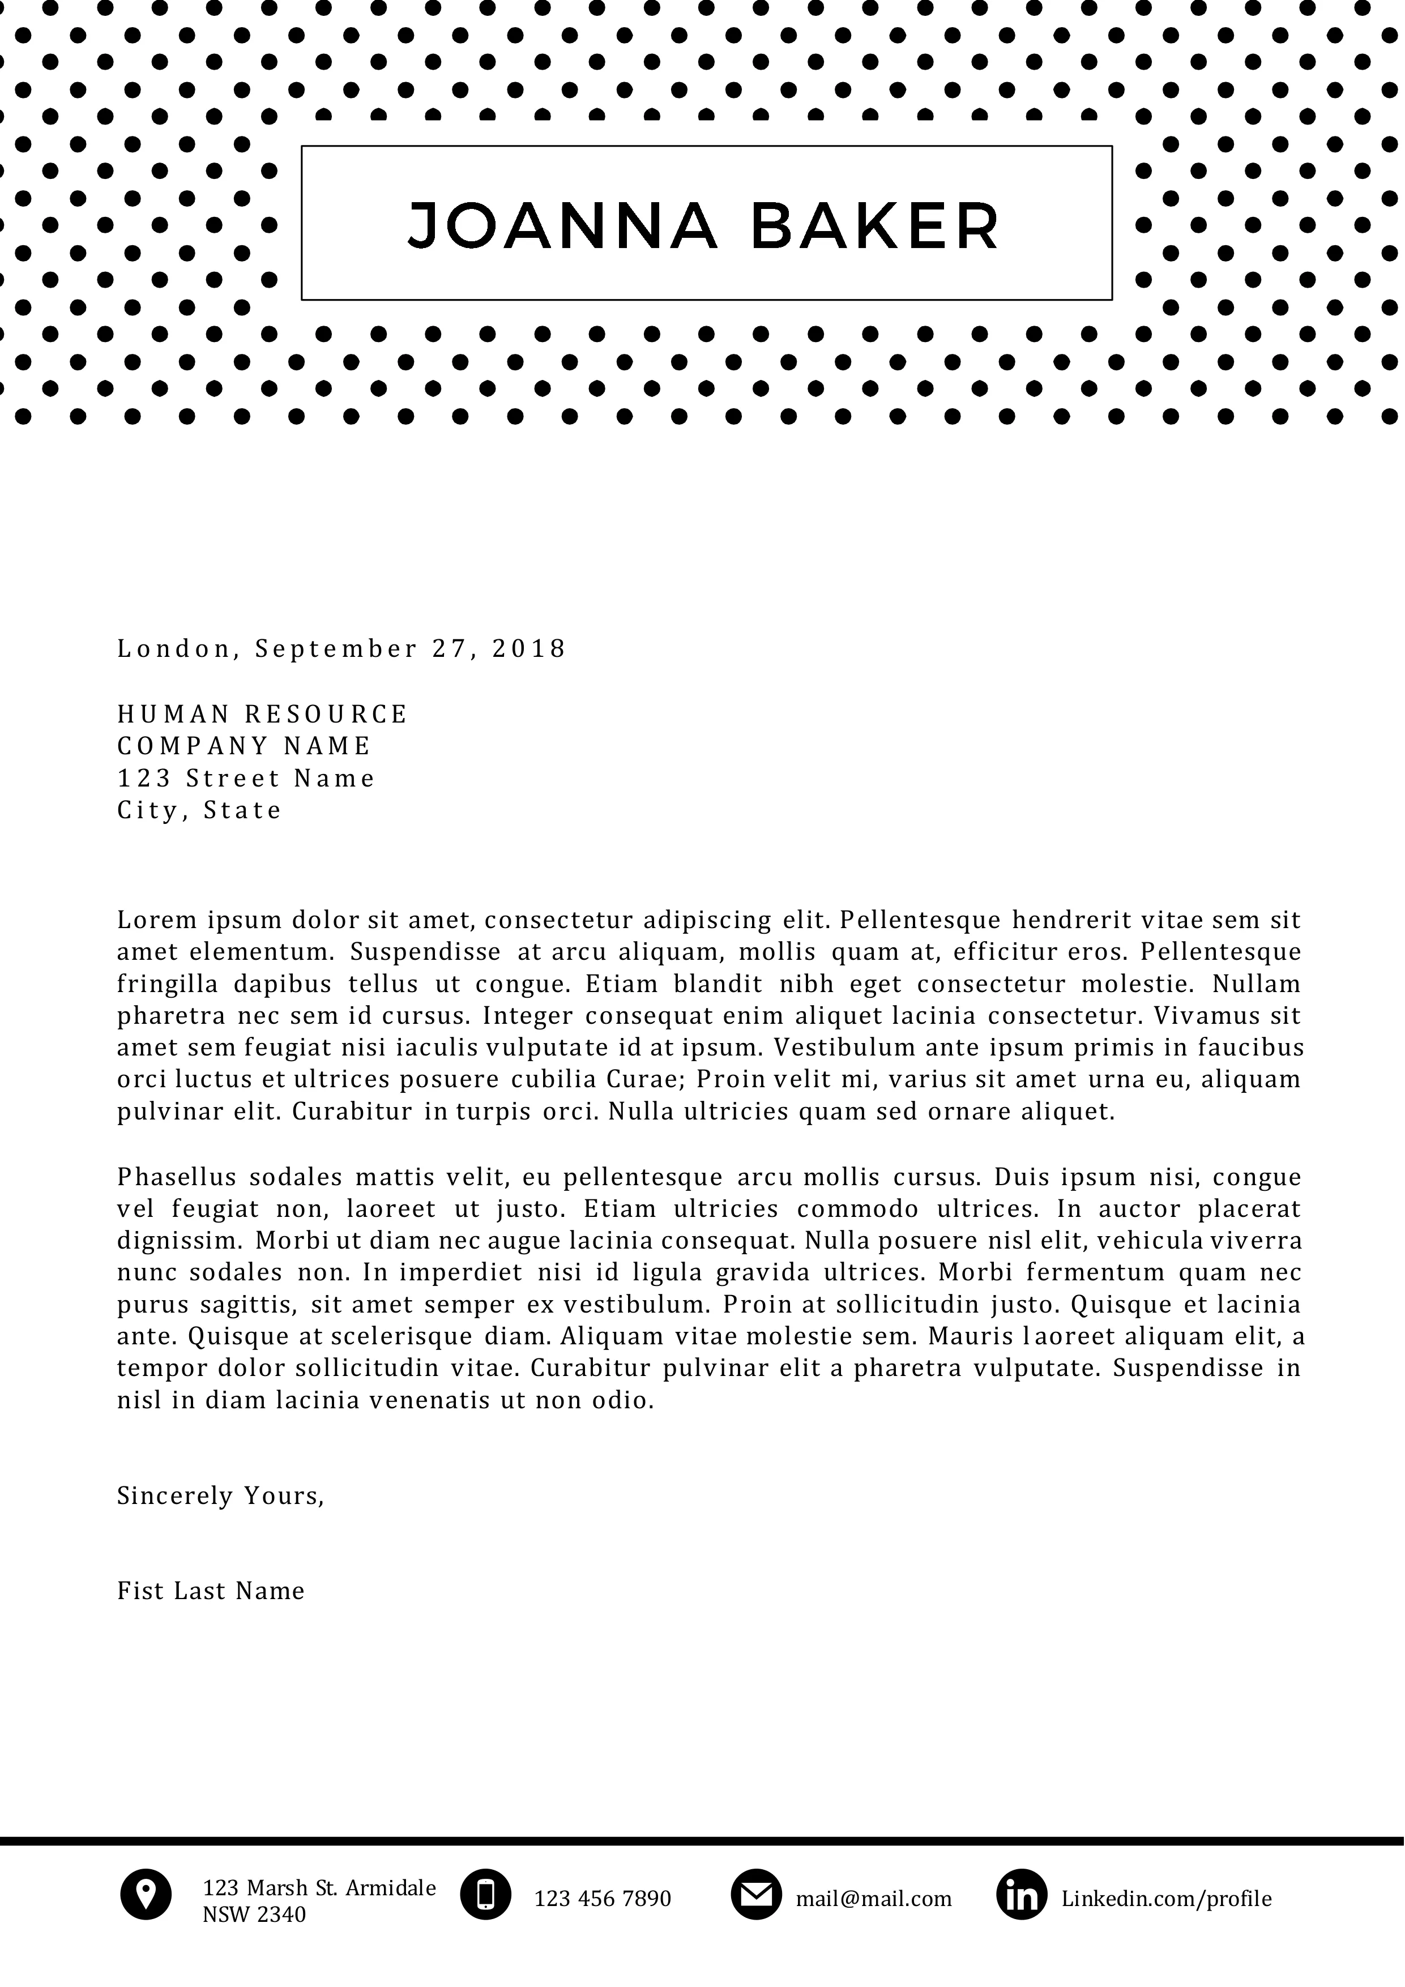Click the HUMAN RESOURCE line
tap(262, 714)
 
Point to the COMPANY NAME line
tap(244, 745)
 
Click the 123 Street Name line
tap(246, 778)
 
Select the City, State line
tap(199, 810)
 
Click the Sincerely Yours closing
tap(220, 1495)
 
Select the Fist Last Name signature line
tap(210, 1591)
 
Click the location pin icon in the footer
tap(146, 1894)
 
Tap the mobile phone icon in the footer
tap(486, 1894)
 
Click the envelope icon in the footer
tap(757, 1894)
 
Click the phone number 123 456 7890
tap(603, 1899)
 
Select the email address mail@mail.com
tap(873, 1899)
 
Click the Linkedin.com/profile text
tap(1166, 1899)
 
